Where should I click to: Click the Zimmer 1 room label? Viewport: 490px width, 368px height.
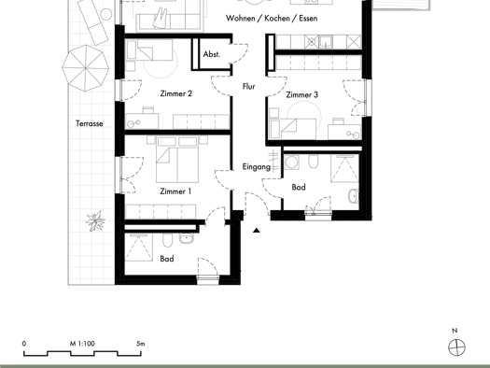[x=175, y=191]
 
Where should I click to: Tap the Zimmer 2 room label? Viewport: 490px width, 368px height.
[x=176, y=93]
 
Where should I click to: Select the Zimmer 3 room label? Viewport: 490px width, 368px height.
[x=301, y=94]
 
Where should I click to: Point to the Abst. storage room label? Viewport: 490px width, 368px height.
[x=212, y=54]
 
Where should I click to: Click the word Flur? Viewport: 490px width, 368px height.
[x=249, y=86]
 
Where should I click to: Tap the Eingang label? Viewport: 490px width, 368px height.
[x=257, y=167]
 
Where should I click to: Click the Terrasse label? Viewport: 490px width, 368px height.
[x=89, y=123]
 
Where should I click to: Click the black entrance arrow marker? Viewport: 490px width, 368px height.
[x=257, y=231]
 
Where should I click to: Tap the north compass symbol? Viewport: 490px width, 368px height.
[x=456, y=347]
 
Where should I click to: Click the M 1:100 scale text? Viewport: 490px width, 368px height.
[x=82, y=344]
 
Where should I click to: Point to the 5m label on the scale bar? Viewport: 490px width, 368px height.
[x=141, y=344]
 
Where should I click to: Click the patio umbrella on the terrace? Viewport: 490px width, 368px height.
[x=85, y=68]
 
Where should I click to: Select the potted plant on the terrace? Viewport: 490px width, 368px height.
[x=95, y=220]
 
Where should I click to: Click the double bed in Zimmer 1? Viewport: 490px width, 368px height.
[x=177, y=160]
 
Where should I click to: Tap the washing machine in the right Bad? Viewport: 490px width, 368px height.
[x=292, y=163]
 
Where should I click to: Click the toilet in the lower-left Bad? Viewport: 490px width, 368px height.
[x=167, y=239]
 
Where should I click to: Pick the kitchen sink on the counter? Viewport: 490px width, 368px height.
[x=326, y=42]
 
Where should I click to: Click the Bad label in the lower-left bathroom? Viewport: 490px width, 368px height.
[x=167, y=259]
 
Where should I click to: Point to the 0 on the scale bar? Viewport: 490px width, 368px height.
[x=24, y=344]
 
